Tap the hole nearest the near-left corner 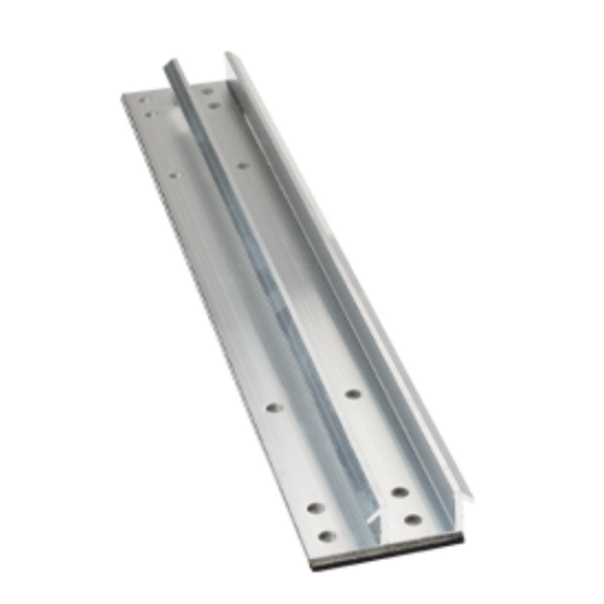point(327,537)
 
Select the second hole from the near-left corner point(316,508)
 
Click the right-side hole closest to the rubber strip point(411,518)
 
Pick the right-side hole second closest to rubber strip point(399,492)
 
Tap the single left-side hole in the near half point(273,407)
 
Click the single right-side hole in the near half point(352,393)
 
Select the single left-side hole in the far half point(174,173)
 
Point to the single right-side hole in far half point(242,166)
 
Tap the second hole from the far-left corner point(150,114)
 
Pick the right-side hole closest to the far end point(207,92)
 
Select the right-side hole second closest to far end point(214,106)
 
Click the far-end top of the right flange point(229,56)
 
